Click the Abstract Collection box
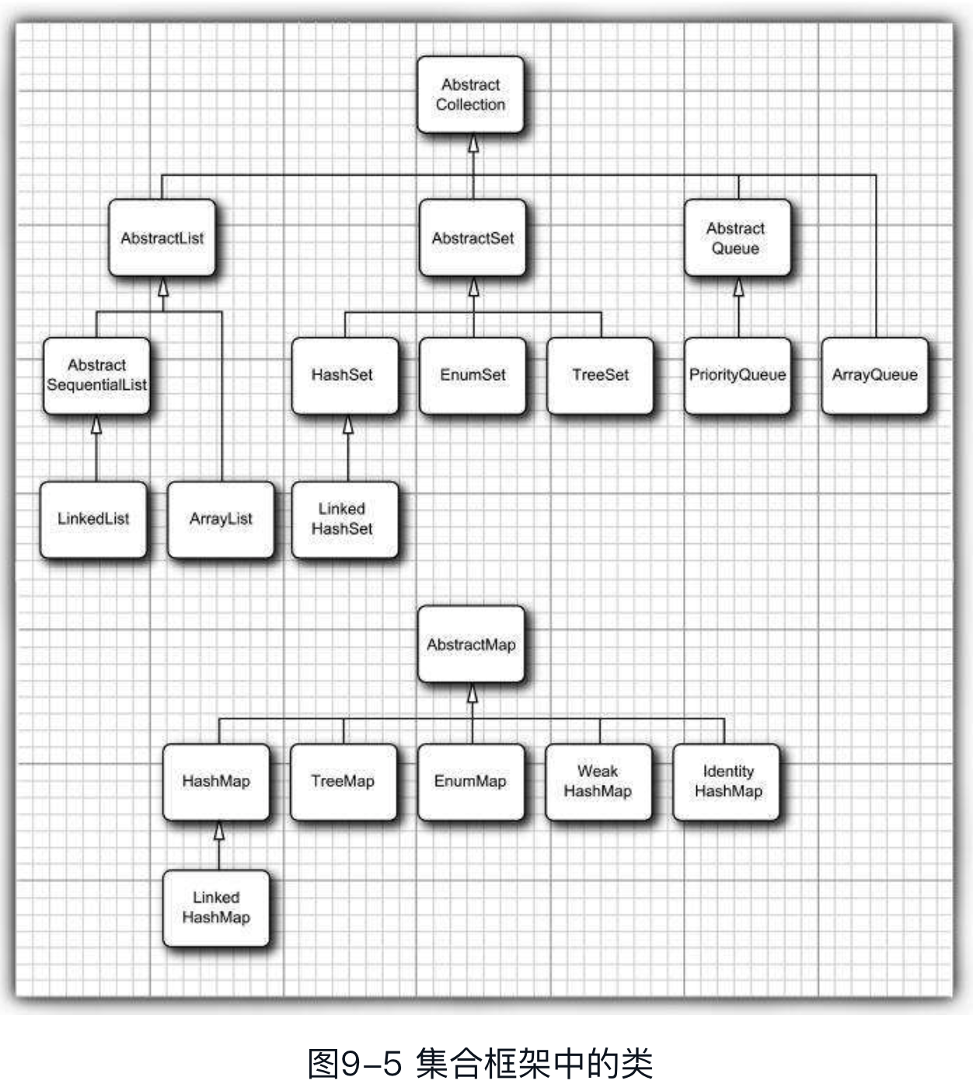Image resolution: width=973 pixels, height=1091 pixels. pos(470,95)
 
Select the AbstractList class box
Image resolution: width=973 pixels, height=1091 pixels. pos(162,238)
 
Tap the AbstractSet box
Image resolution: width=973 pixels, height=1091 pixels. pos(473,238)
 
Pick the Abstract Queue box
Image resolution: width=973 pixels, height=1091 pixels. pos(737,238)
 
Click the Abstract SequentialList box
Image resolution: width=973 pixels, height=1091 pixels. pos(96,375)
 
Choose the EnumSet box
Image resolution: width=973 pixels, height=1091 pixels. pos(473,375)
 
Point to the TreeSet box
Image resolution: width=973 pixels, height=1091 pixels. pos(600,375)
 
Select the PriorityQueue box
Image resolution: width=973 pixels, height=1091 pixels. pos(738,375)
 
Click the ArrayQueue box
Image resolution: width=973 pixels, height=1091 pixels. pos(874,375)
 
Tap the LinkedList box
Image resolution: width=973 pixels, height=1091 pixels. pos(93,519)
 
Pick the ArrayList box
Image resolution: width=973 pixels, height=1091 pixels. pos(221,519)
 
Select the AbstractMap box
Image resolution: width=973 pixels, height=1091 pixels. pos(471,644)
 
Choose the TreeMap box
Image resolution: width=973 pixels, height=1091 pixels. pos(343,782)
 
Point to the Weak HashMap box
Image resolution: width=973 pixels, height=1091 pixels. pos(598,782)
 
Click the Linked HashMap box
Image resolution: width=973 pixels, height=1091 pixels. pos(216,908)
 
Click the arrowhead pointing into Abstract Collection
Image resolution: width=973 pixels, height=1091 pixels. pos(473,145)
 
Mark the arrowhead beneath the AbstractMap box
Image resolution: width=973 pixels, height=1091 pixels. pos(473,695)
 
